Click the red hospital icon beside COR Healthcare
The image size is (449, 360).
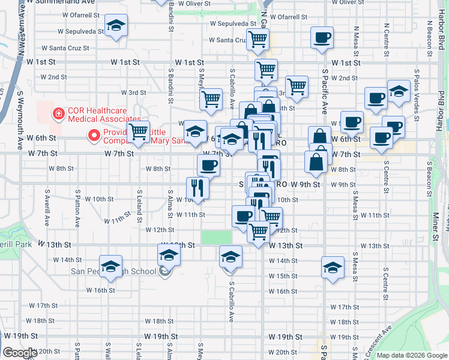59,112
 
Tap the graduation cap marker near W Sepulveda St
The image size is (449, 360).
116,26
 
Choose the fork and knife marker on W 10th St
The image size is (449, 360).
197,187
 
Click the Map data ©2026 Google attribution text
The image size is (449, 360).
411,355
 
